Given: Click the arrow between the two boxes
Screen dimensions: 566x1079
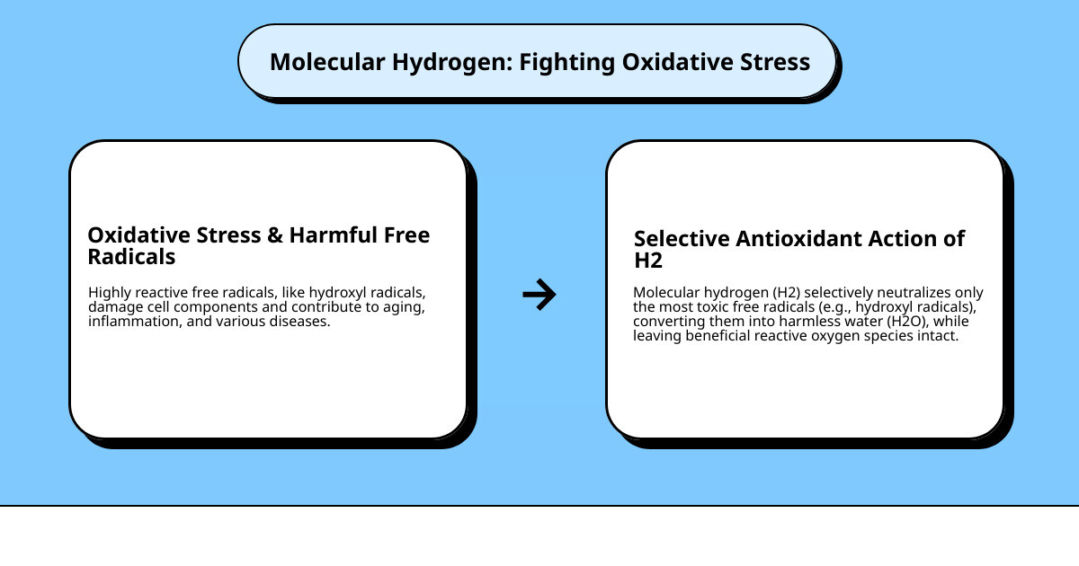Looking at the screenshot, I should (539, 294).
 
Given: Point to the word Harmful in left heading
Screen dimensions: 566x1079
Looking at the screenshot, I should (332, 235).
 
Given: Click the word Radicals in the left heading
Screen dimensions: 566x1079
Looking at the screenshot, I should (131, 257).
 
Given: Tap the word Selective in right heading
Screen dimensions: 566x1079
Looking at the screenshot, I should (682, 239).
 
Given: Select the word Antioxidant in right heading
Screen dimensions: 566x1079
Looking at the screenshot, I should (806, 239).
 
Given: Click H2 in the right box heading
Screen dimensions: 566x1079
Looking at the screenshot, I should (648, 261).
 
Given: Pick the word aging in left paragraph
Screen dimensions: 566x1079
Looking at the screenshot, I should (403, 307).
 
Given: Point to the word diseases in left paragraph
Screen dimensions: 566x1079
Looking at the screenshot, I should (300, 322).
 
